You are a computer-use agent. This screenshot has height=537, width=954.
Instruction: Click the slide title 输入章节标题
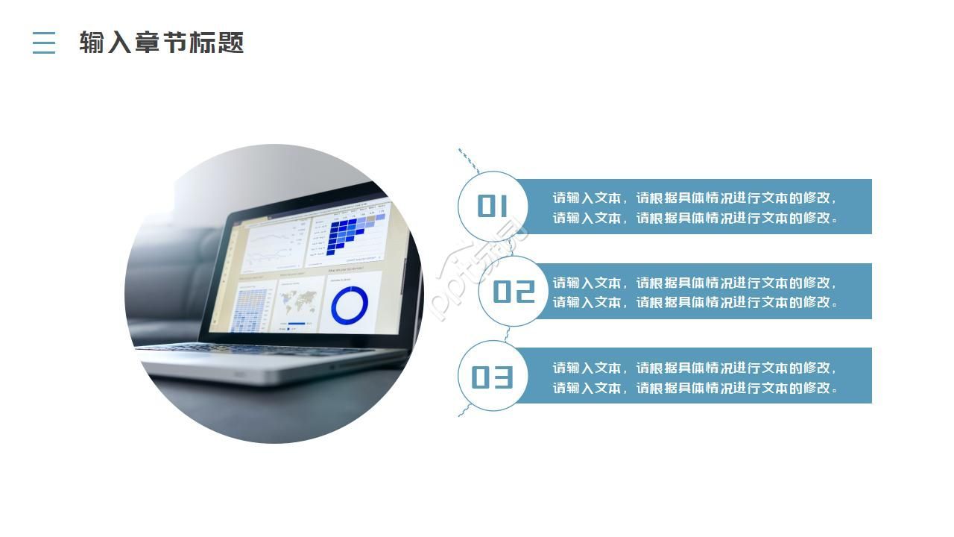coord(162,43)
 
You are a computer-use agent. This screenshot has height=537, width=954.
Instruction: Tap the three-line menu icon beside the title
coord(44,43)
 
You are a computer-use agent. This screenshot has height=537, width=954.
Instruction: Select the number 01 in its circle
coord(492,206)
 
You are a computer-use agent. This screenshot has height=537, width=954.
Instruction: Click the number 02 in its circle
coord(514,292)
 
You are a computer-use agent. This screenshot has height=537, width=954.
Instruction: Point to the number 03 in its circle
coord(492,377)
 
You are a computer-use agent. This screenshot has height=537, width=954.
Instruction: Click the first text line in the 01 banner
coord(695,198)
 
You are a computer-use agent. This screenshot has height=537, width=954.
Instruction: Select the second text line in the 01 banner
coord(695,218)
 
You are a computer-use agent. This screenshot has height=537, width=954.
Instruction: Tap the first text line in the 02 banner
coord(695,283)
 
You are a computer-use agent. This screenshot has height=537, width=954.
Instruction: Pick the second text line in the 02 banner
coord(695,302)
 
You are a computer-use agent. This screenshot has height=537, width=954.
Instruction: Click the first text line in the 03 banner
coord(695,368)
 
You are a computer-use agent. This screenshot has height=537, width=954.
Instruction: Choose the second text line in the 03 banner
coord(695,388)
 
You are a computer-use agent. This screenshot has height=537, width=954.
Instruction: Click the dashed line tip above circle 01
coord(460,151)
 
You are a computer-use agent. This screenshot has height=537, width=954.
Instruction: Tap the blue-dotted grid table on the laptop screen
coord(252,309)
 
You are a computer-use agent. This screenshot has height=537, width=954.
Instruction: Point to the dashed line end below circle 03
coord(461,413)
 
